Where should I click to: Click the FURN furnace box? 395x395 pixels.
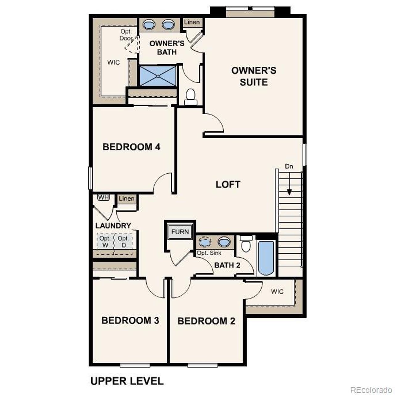click(180, 232)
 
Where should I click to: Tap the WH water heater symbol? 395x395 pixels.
click(103, 197)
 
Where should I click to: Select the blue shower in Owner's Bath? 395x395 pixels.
click(158, 76)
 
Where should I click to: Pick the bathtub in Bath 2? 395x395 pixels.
click(266, 258)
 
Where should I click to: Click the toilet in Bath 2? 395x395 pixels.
click(246, 244)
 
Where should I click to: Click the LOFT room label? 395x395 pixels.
click(228, 185)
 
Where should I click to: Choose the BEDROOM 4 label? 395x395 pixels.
click(131, 147)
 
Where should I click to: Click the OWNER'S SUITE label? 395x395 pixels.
click(254, 76)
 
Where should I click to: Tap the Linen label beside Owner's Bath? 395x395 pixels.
click(192, 22)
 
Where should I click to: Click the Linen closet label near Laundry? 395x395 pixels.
click(127, 198)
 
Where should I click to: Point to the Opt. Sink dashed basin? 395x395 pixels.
click(204, 242)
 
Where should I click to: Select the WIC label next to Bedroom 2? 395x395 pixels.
click(277, 292)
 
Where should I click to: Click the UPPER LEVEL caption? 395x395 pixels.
click(127, 381)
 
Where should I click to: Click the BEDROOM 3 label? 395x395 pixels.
click(130, 321)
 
